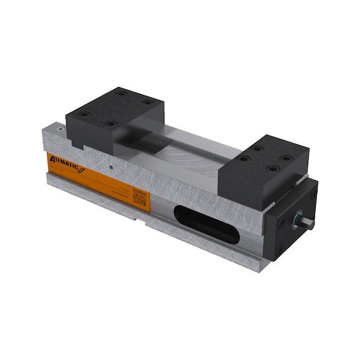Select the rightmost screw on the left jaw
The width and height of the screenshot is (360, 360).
pyautogui.click(x=148, y=102)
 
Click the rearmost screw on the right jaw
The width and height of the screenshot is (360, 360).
pyautogui.click(x=257, y=148)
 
